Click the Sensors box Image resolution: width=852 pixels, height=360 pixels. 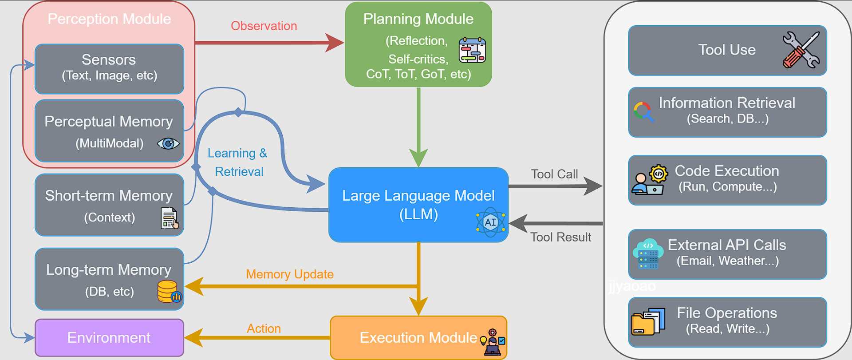pos(109,68)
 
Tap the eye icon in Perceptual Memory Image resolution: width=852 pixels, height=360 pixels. pos(168,143)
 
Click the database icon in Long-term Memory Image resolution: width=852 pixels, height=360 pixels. pos(169,292)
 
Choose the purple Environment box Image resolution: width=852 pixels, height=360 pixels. pos(109,337)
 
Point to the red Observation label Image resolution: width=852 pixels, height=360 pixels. pos(264,26)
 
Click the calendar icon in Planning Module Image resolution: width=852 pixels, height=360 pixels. pos(472,50)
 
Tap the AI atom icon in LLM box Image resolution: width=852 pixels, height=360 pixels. pos(490,222)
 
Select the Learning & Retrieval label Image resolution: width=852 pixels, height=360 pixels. pos(238,162)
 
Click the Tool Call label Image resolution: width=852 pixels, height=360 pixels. pos(554,174)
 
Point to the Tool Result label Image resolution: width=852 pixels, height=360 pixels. pos(560,237)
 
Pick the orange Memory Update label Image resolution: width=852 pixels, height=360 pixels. pos(289,274)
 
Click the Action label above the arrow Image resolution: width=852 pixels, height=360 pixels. pos(264,328)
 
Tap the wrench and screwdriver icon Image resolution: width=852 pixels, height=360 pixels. pos(801,50)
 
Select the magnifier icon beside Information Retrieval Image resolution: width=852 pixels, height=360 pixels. pos(643,111)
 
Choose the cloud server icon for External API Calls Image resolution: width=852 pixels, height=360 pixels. pos(648,254)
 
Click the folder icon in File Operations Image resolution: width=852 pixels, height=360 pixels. pos(648,321)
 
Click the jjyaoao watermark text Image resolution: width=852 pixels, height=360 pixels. pos(632,286)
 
